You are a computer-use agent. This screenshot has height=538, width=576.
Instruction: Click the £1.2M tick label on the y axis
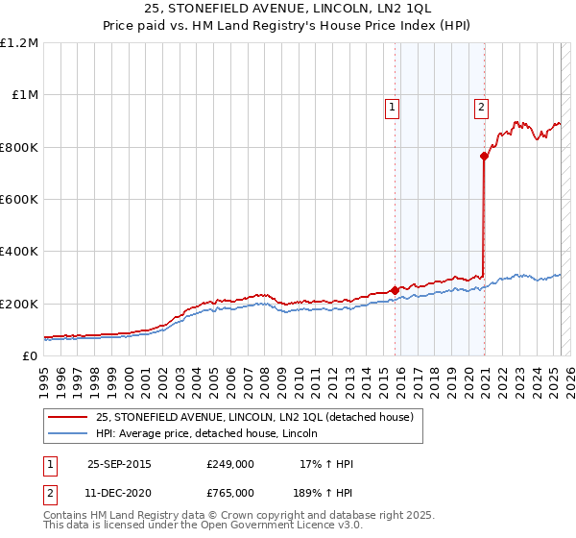pyautogui.click(x=19, y=43)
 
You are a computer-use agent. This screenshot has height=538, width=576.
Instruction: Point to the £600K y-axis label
pyautogui.click(x=19, y=200)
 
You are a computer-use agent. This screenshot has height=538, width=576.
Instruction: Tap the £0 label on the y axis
pyautogui.click(x=31, y=356)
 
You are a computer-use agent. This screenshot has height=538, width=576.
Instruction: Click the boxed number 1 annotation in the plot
pyautogui.click(x=394, y=108)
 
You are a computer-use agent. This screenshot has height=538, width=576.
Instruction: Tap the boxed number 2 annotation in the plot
pyautogui.click(x=480, y=108)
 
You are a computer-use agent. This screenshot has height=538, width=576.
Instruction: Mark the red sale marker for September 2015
pyautogui.click(x=395, y=290)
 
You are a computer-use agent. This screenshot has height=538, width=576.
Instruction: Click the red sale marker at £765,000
pyautogui.click(x=485, y=157)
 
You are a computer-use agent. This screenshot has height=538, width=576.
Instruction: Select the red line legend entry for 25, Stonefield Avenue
pyautogui.click(x=254, y=417)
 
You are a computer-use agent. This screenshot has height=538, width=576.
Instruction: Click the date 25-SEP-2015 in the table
pyautogui.click(x=119, y=464)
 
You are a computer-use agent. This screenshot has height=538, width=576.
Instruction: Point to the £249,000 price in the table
pyautogui.click(x=230, y=464)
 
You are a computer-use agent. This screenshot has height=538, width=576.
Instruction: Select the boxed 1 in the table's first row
pyautogui.click(x=49, y=464)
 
